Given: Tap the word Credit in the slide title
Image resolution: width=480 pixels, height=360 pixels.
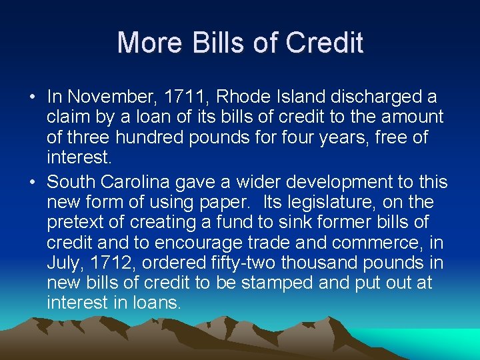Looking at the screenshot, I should tap(324, 43).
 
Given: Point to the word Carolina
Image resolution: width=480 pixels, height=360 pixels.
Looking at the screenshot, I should tap(143, 182).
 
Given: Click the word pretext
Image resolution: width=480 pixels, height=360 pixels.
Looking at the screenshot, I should tap(75, 222).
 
